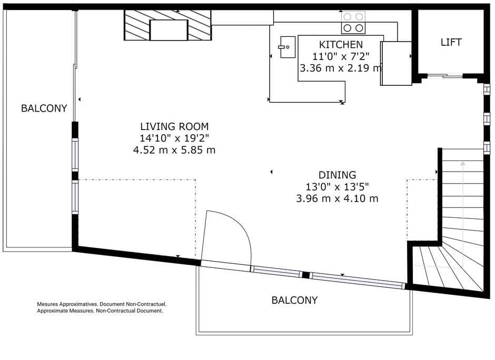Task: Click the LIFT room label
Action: [x=451, y=42]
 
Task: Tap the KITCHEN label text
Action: [x=341, y=44]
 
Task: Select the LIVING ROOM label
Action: [x=174, y=126]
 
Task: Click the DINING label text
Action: [x=337, y=175]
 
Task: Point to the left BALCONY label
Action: [x=44, y=108]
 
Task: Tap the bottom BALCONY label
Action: [x=294, y=301]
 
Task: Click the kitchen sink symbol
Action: [x=288, y=47]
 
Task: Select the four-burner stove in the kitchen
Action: [x=353, y=23]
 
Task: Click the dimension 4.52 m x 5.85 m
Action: [x=174, y=150]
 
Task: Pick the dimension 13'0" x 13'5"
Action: [x=337, y=186]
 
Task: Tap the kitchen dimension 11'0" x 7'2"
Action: [x=341, y=56]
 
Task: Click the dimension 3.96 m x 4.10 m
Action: [x=337, y=198]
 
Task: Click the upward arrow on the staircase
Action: [x=462, y=174]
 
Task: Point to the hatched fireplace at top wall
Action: [x=168, y=25]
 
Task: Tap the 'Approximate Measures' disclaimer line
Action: [x=100, y=311]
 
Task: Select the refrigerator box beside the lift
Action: [x=396, y=63]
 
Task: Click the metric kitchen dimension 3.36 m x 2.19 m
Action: [x=341, y=68]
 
